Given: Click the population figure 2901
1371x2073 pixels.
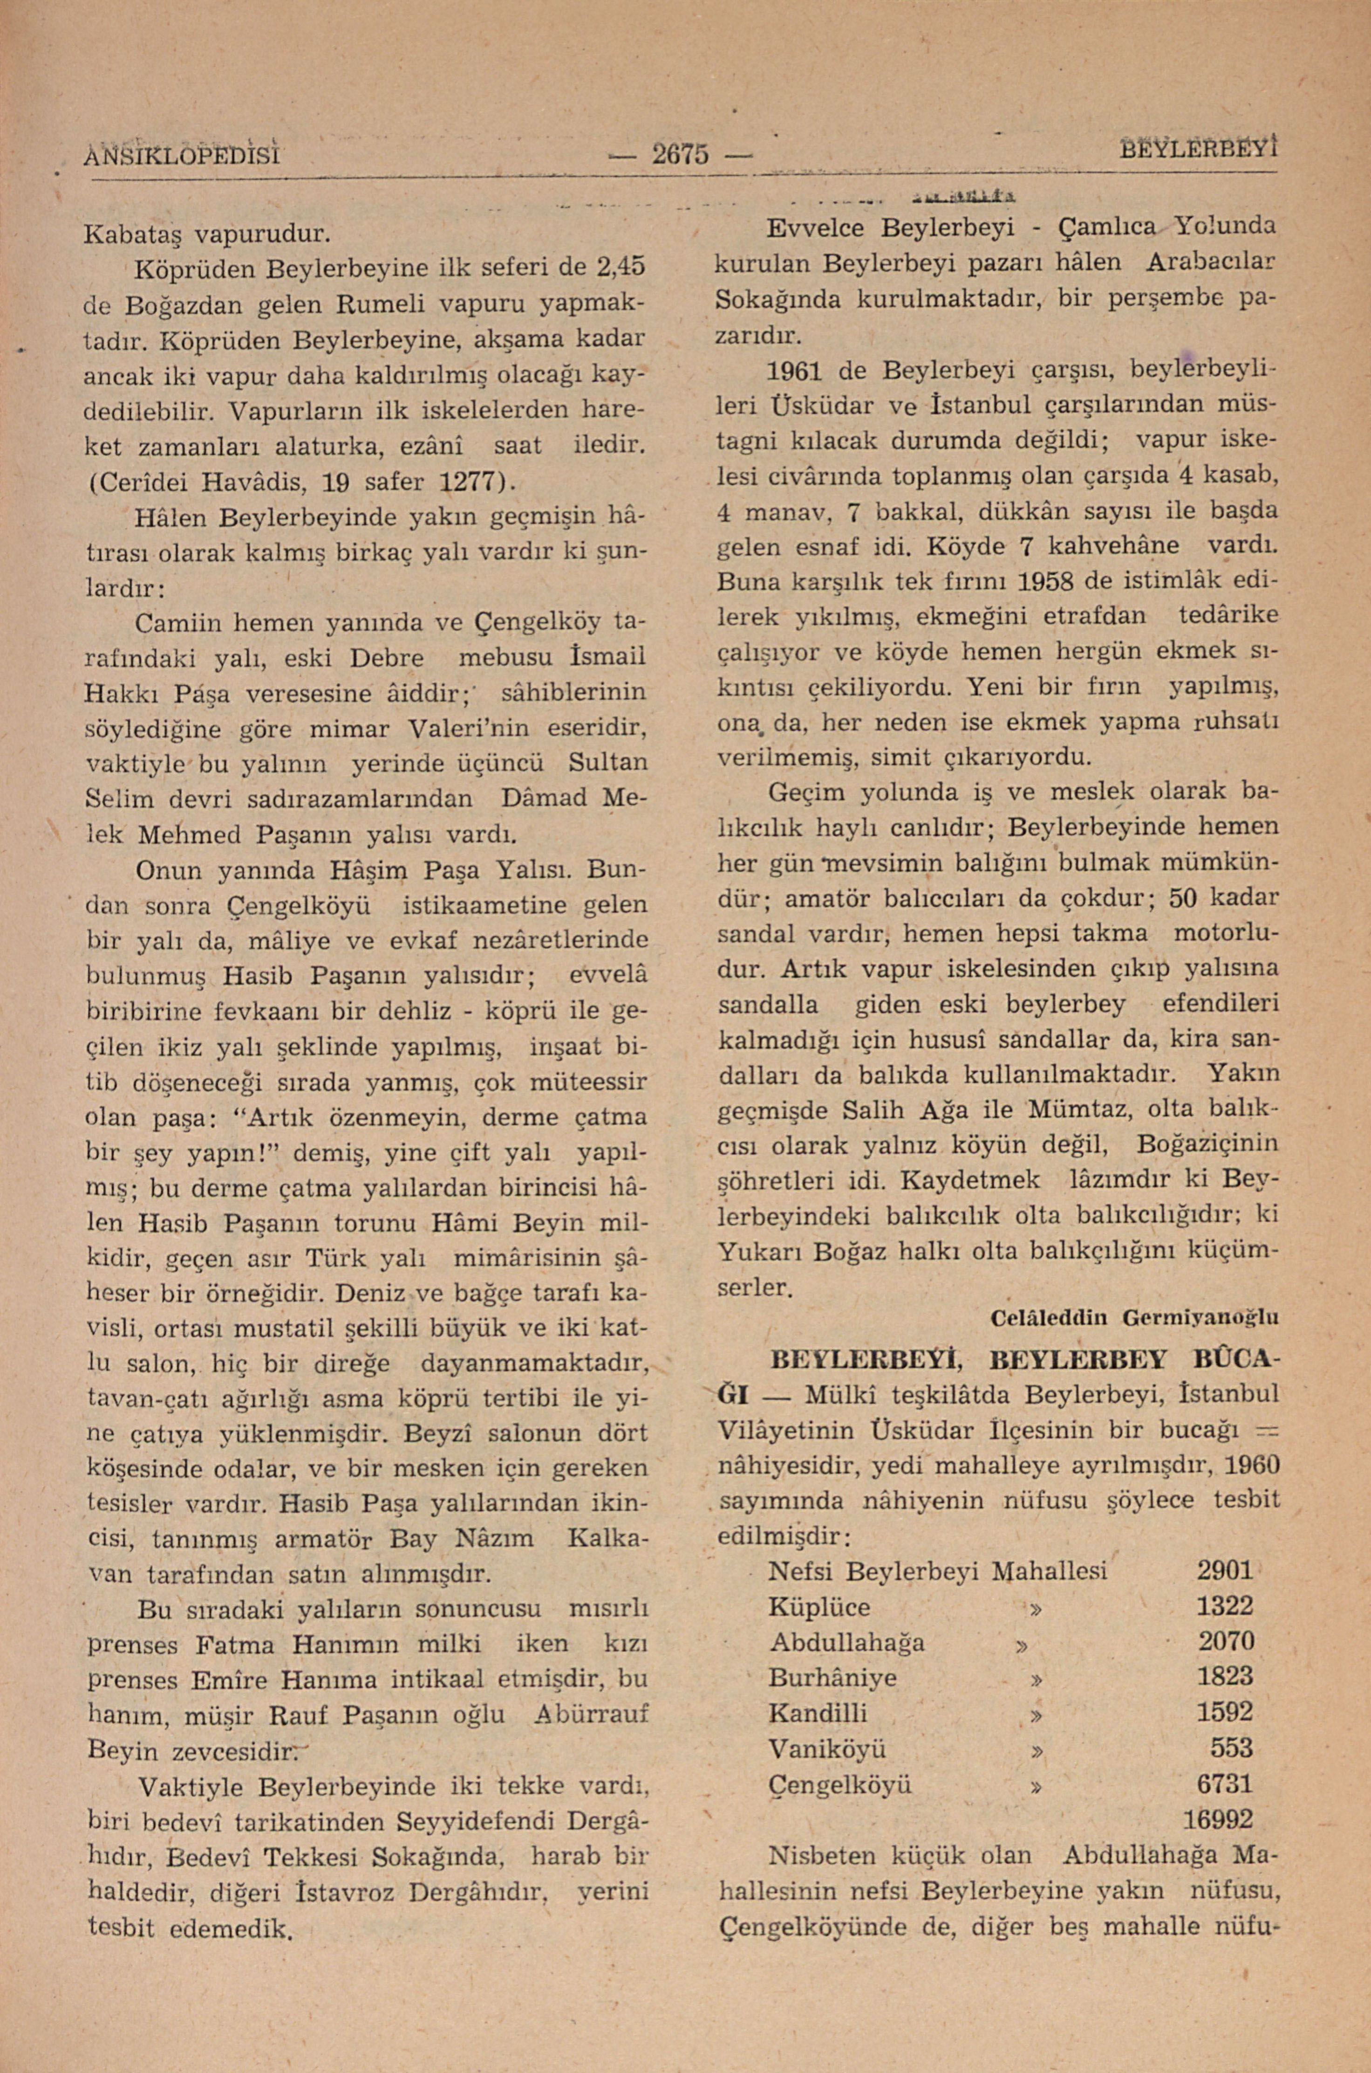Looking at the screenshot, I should (1225, 1571).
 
